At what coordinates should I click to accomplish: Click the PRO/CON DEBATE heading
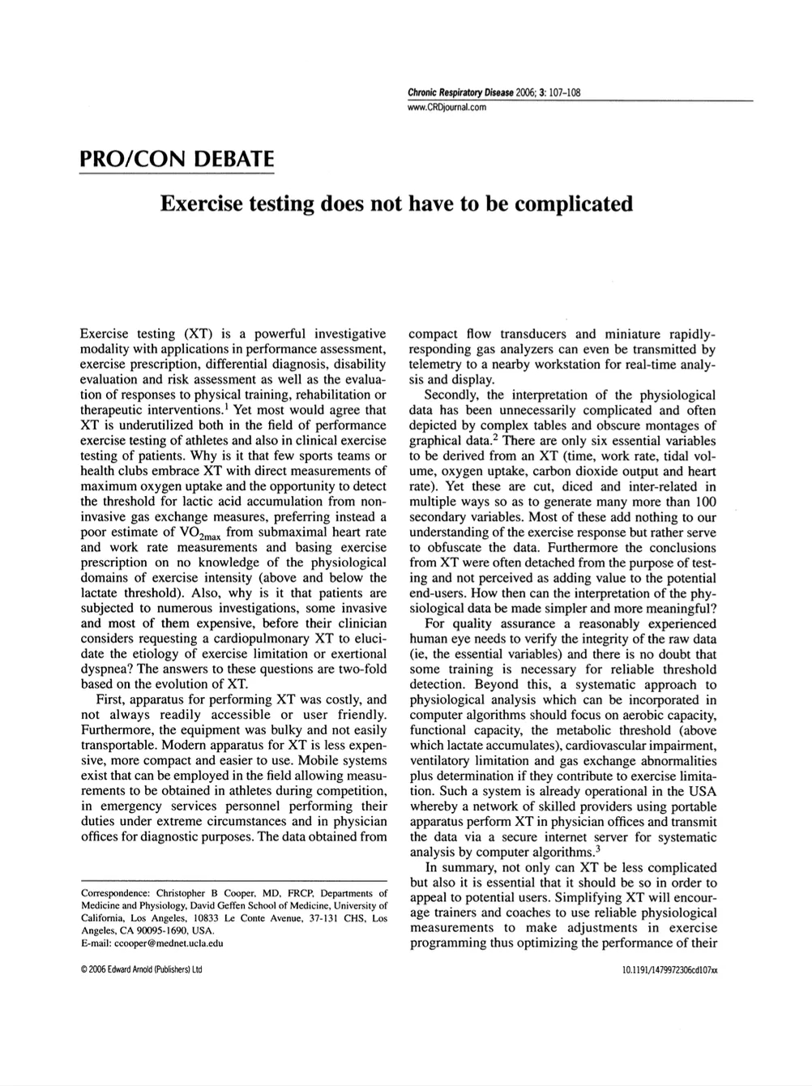pyautogui.click(x=177, y=157)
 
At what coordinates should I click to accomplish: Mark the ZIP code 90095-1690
pyautogui.click(x=162, y=931)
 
